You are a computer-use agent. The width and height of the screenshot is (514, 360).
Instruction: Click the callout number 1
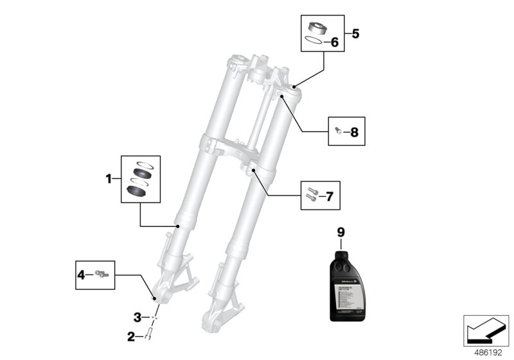coord(109,178)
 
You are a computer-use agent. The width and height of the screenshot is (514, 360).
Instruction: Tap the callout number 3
coord(137,317)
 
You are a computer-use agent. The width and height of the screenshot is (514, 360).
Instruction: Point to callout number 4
coord(82,274)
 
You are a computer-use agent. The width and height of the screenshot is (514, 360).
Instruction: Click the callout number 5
coord(356,33)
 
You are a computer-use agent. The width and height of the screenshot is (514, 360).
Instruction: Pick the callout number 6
coord(334,42)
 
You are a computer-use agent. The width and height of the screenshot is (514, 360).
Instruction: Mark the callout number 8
coord(355,133)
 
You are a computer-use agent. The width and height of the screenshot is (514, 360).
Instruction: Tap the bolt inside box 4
coord(102,274)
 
